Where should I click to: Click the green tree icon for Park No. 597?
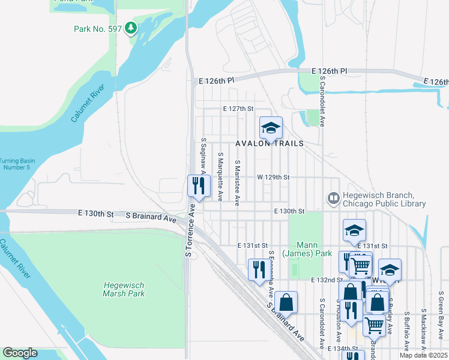pyautogui.click(x=131, y=28)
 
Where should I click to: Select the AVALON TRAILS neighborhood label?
pyautogui.click(x=270, y=144)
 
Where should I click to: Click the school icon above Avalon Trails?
pyautogui.click(x=271, y=127)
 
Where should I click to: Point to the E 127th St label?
pyautogui.click(x=238, y=109)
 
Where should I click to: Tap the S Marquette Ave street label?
pyautogui.click(x=220, y=176)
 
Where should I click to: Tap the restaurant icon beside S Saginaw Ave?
pyautogui.click(x=199, y=186)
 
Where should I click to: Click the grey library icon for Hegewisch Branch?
pyautogui.click(x=333, y=197)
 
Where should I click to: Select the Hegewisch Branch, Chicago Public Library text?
pyautogui.click(x=384, y=200)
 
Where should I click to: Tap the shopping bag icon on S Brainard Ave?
pyautogui.click(x=286, y=302)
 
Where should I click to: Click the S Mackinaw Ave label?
pyautogui.click(x=423, y=331)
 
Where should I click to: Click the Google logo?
pyautogui.click(x=20, y=353)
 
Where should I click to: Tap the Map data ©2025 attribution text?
pyautogui.click(x=423, y=355)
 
